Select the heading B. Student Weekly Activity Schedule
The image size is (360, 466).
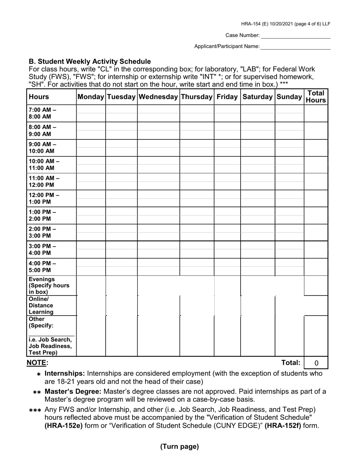90,61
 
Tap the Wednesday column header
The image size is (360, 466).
158,97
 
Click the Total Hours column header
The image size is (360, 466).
316,97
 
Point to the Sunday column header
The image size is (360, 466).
289,97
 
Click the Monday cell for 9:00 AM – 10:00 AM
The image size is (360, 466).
91,148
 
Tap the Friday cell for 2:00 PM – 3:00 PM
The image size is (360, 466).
227,233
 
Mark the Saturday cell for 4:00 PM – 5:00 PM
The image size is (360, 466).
257,267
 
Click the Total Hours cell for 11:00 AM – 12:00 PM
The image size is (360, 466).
316,181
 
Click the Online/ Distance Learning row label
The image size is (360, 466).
41,305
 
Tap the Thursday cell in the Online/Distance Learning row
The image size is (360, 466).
197,305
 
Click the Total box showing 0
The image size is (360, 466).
316,363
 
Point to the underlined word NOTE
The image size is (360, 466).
36,363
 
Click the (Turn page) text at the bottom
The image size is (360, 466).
179,447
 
